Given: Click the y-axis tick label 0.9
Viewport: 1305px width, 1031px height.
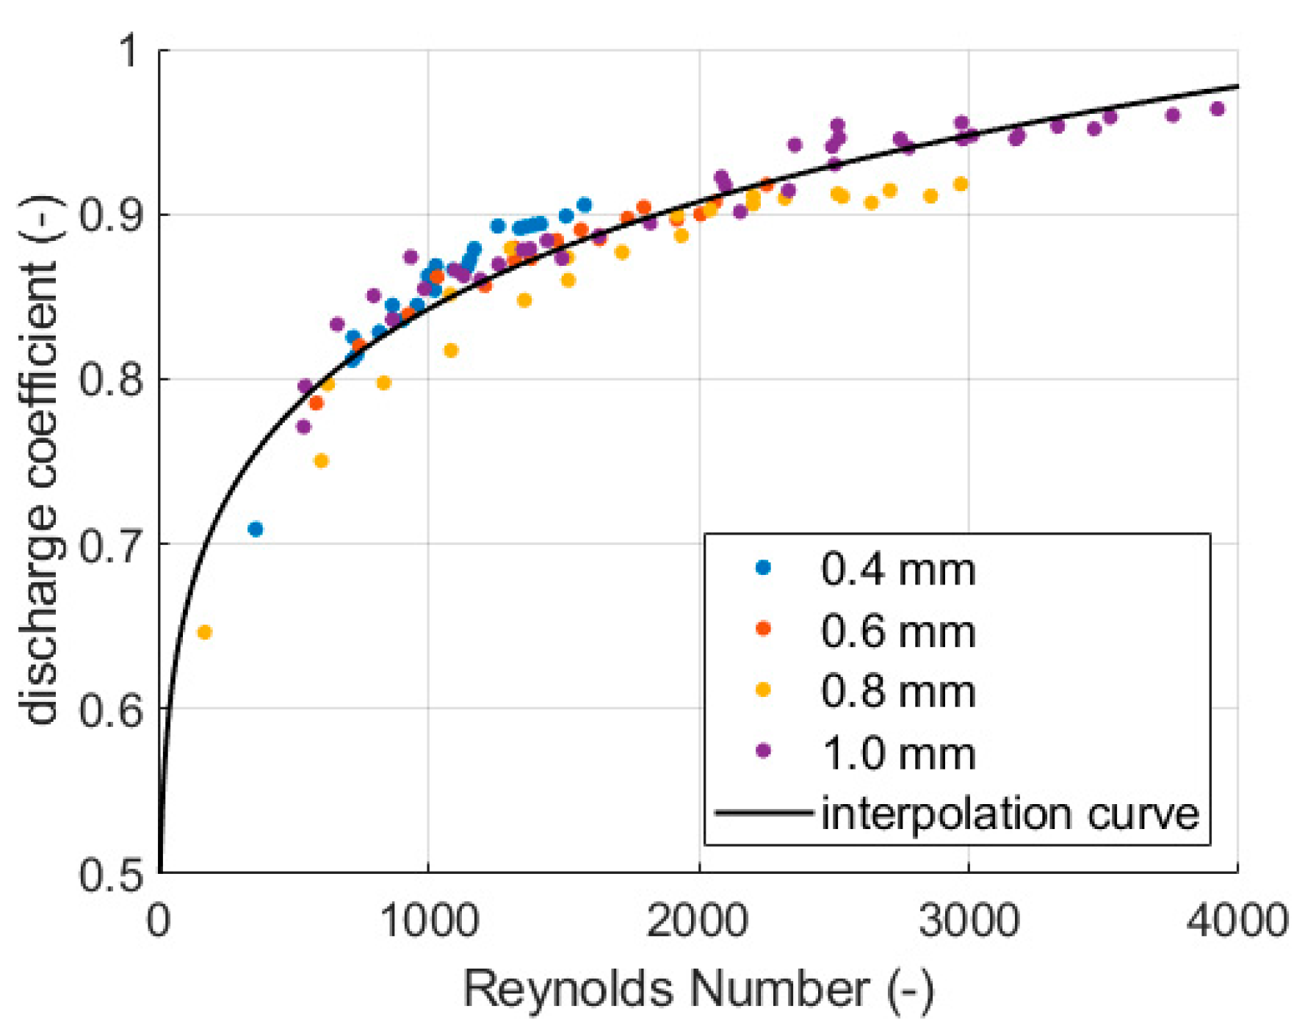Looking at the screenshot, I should (111, 215).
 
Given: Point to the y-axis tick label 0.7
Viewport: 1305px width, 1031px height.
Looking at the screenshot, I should (111, 545).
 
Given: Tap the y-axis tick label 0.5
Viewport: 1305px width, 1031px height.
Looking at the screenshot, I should (111, 874).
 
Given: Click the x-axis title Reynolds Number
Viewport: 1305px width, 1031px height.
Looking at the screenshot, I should (698, 990).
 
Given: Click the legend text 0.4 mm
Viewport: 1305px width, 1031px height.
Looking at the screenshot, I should (897, 569).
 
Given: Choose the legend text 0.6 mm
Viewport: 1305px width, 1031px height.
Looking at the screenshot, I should (897, 631).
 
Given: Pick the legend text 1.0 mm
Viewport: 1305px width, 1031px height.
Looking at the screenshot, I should (897, 753).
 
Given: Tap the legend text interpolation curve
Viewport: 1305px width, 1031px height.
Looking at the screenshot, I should (1009, 814).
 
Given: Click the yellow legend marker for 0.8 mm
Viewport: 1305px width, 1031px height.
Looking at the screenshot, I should (763, 690).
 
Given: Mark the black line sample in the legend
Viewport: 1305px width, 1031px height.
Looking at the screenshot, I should (764, 812).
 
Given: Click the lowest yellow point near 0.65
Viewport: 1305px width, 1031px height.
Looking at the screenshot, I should (204, 632).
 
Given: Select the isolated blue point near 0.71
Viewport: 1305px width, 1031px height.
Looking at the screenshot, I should (256, 529).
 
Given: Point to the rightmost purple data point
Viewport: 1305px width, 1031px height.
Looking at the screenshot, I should (1217, 109).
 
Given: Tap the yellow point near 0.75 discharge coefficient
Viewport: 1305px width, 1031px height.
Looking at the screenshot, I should (321, 461).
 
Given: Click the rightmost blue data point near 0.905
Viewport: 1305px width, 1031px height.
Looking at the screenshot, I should (584, 205).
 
